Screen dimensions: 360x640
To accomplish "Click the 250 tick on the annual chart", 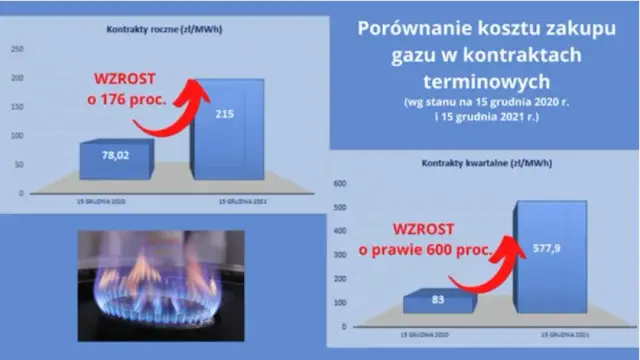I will coord(17,48).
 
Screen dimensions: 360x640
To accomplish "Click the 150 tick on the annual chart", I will coord(17,106).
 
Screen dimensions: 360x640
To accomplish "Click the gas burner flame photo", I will coord(150,284).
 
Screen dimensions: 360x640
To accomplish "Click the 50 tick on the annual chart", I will coord(19,162).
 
